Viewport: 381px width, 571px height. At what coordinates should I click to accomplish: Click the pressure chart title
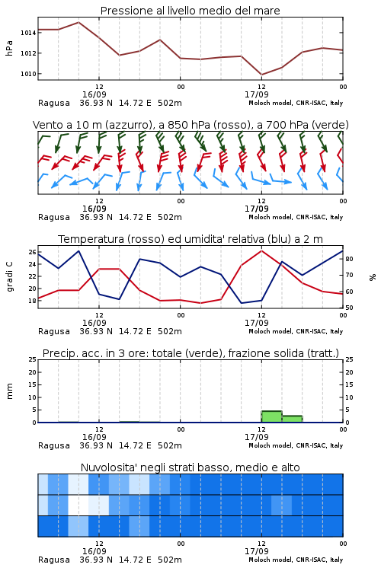[190, 11]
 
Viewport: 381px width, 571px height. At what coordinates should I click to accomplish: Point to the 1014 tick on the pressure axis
[28, 33]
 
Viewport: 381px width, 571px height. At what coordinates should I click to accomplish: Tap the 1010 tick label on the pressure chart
[28, 74]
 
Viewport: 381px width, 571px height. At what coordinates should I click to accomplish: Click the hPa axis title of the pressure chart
[9, 48]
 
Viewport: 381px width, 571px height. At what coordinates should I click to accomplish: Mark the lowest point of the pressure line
[261, 75]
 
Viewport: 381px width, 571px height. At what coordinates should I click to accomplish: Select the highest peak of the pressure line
[78, 22]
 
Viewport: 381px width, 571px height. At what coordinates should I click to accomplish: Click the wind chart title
[190, 125]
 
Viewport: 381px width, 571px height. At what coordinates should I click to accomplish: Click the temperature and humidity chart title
[190, 239]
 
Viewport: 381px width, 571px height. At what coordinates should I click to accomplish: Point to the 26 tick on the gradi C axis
[32, 252]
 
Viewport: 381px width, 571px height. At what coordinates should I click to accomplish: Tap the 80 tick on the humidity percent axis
[349, 259]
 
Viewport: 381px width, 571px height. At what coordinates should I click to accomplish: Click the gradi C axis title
[9, 277]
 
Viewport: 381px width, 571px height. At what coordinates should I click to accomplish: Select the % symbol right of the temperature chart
[373, 277]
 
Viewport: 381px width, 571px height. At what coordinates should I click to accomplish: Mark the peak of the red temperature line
[261, 250]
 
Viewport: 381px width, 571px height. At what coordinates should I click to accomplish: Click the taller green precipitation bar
[271, 416]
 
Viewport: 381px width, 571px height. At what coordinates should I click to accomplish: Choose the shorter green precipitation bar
[292, 419]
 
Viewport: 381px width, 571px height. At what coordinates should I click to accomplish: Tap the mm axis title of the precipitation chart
[9, 391]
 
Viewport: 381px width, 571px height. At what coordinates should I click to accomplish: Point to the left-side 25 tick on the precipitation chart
[32, 359]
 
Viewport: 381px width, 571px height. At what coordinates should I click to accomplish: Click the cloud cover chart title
[190, 467]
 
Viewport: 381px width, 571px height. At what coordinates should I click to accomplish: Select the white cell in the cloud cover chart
[78, 505]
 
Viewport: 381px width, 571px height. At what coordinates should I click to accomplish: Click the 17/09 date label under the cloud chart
[256, 551]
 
